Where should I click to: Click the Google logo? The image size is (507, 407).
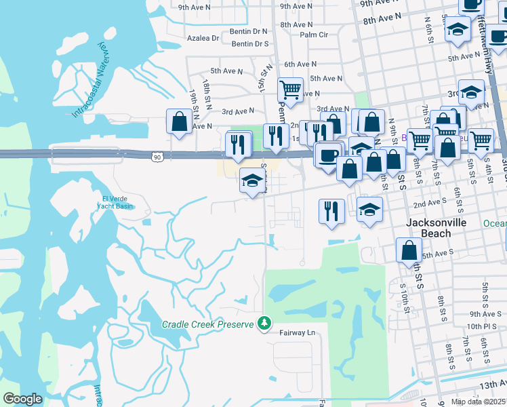point(22,399)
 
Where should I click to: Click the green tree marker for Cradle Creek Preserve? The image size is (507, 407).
point(264,324)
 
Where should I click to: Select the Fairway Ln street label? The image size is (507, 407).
point(298,333)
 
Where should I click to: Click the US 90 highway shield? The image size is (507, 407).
point(157,157)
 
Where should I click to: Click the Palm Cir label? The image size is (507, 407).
point(314,35)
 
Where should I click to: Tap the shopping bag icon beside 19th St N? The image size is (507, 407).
point(179,122)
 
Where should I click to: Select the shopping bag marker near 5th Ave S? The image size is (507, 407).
point(409,250)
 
